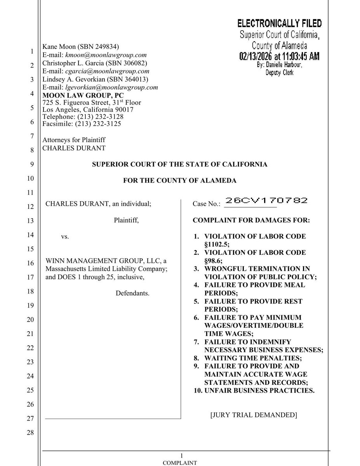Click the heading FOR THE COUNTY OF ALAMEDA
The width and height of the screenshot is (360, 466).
pos(180,180)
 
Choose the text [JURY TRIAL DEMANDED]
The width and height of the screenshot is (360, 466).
pos(254,415)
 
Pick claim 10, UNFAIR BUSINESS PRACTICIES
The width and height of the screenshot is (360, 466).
pos(259,390)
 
